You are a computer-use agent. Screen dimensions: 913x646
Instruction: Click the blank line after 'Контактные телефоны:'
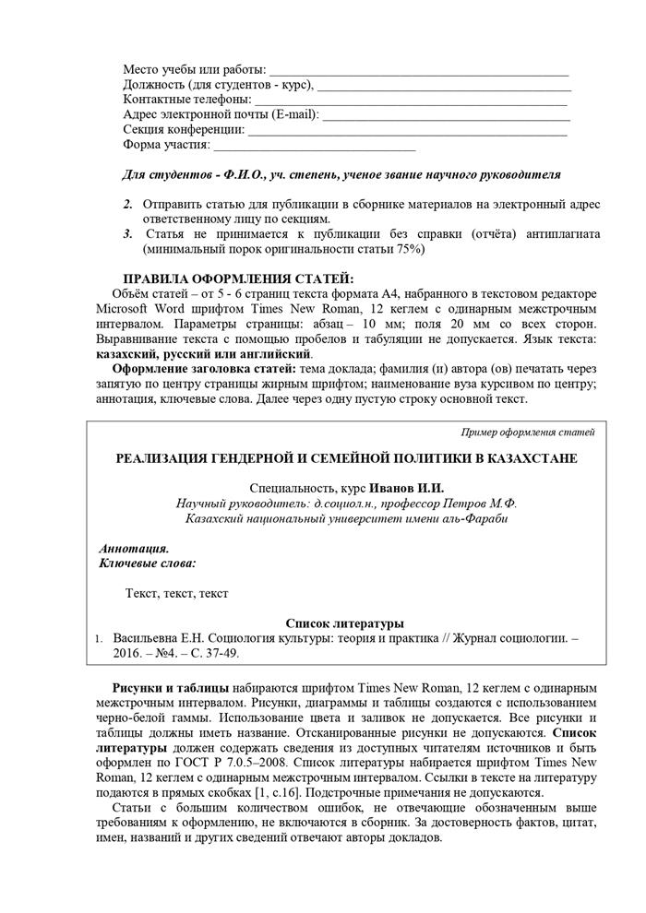[410, 101]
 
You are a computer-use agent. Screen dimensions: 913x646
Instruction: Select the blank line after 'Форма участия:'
[314, 146]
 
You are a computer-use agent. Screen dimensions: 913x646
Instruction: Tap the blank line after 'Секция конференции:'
[407, 131]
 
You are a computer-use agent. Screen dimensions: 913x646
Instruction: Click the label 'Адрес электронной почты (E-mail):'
[221, 115]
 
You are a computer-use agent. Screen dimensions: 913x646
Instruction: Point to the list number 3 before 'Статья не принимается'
[127, 234]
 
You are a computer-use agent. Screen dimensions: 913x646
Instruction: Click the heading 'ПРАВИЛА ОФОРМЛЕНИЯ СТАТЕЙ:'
[238, 279]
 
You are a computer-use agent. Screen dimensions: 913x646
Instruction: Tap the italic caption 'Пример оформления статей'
[528, 432]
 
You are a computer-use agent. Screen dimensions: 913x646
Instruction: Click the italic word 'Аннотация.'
[134, 548]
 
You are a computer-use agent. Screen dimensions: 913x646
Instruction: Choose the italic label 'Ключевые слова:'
[147, 563]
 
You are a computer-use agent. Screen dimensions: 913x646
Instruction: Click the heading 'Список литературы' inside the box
[345, 623]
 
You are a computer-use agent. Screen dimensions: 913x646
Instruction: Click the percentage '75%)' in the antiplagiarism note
[408, 249]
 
